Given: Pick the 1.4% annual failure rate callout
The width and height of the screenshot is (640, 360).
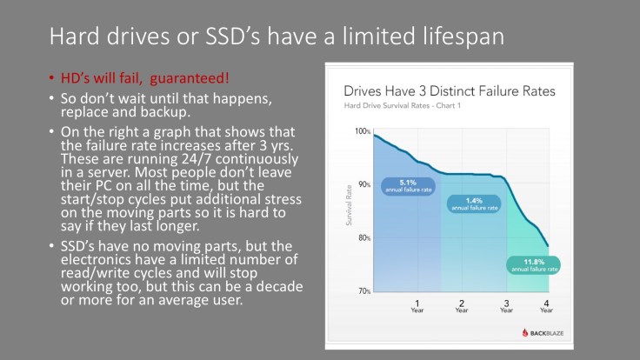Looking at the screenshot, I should pyautogui.click(x=473, y=204).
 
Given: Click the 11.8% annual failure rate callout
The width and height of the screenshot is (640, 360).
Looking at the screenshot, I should pyautogui.click(x=535, y=265).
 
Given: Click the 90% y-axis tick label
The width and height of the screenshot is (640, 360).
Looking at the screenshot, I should pyautogui.click(x=362, y=184).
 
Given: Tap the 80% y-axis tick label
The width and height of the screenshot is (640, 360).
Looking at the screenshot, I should pyautogui.click(x=362, y=238).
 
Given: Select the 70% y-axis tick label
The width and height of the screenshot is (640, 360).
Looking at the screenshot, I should pyautogui.click(x=362, y=291).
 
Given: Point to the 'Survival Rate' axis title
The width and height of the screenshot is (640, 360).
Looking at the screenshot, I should pyautogui.click(x=350, y=211).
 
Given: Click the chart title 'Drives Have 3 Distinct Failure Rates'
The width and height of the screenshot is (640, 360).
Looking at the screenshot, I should pyautogui.click(x=450, y=90).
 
